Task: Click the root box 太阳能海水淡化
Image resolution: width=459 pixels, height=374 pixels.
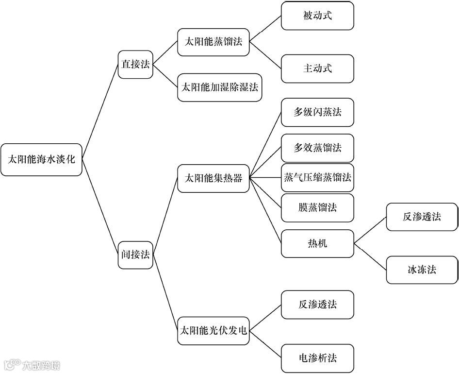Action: click(x=41, y=159)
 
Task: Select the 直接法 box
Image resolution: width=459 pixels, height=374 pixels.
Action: click(x=135, y=64)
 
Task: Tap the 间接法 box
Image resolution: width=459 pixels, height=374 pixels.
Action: click(x=135, y=254)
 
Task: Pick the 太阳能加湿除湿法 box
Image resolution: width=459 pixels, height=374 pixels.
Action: click(x=220, y=87)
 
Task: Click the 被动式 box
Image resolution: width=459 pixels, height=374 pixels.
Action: click(x=317, y=16)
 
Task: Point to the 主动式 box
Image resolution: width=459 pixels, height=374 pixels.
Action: click(x=317, y=68)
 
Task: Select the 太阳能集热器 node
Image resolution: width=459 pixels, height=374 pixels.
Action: click(x=213, y=178)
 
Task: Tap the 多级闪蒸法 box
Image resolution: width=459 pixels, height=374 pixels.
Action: click(x=317, y=112)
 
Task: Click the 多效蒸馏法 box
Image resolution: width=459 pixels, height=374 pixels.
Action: click(x=317, y=148)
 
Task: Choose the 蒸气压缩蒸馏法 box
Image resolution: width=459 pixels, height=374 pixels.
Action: click(x=317, y=178)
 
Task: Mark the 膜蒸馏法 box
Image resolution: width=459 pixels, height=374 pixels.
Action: click(x=317, y=208)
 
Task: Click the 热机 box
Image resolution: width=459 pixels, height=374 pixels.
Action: click(x=317, y=243)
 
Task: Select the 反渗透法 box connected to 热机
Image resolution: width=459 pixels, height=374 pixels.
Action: click(x=422, y=217)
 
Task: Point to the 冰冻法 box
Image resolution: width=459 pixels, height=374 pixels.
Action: click(x=422, y=270)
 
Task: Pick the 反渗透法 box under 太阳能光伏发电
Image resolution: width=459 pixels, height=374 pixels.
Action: click(x=317, y=305)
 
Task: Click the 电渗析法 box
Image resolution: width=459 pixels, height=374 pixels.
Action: click(x=317, y=358)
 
